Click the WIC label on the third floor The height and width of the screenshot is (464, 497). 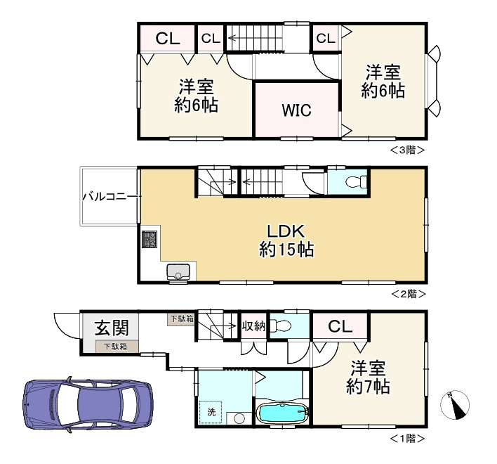(296, 110)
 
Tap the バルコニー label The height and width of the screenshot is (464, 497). (105, 196)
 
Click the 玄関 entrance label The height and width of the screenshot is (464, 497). (112, 328)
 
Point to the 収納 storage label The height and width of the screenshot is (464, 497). (253, 326)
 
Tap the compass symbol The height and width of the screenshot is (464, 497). (455, 405)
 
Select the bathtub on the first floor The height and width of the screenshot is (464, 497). (281, 413)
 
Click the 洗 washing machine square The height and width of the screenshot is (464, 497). (211, 413)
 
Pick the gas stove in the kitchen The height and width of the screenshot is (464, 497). (150, 239)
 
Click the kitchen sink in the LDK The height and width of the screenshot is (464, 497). (178, 272)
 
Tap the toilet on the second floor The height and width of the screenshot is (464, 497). (357, 182)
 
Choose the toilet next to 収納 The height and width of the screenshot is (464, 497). (281, 327)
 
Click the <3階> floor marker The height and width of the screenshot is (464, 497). (407, 149)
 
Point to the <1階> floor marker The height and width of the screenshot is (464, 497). (407, 438)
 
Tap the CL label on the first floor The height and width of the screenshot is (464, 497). (340, 326)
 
